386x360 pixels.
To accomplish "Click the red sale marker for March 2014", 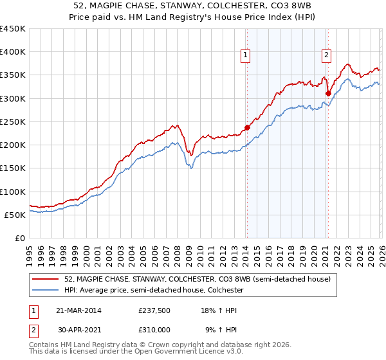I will click(247, 127).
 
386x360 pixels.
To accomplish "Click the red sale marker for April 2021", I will click(327, 93).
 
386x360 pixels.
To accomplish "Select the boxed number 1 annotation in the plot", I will click(246, 56).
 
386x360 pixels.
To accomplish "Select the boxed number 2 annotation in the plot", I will click(327, 56).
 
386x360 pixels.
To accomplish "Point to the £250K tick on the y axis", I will click(13, 122).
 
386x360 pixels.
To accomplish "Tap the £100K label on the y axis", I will click(13, 192).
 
